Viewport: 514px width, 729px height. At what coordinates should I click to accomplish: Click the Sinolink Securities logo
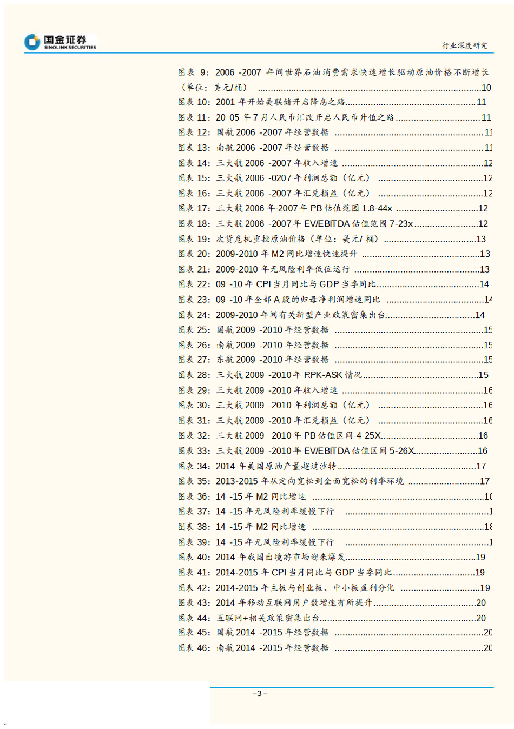[x=60, y=42]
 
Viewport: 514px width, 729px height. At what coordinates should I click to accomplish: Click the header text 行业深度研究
[x=465, y=45]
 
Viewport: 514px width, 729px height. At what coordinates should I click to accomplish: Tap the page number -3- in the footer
[x=260, y=693]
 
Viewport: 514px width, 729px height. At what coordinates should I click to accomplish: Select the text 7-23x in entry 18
[x=401, y=223]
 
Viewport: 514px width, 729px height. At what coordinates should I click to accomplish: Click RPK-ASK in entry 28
[x=323, y=375]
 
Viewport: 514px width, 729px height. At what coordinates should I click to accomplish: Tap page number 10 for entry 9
[x=486, y=88]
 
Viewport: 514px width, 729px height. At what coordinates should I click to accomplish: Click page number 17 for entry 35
[x=484, y=481]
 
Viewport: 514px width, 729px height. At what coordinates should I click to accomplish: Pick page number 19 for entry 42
[x=485, y=588]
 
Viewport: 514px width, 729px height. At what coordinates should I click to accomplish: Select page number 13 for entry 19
[x=480, y=239]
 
